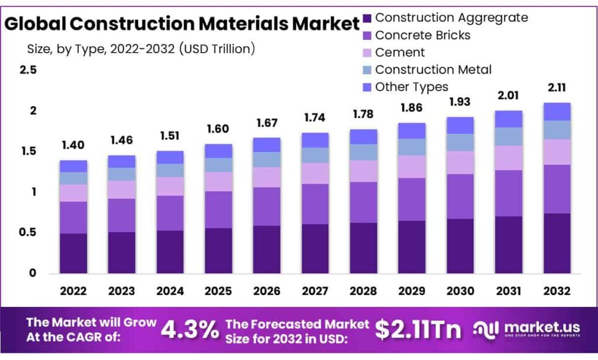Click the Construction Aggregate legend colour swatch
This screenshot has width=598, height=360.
pos(367,18)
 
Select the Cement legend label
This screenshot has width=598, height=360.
pos(400,53)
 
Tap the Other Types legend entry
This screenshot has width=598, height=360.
pos(412,87)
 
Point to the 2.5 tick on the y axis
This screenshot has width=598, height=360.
pos(28,70)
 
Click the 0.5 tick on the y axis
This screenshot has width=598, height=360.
pos(28,233)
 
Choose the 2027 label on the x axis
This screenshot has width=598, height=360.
pos(315,291)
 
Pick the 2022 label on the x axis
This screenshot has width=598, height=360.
pos(73,291)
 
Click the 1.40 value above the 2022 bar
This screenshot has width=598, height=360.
pos(73,146)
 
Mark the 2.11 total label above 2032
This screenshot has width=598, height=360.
pos(557,88)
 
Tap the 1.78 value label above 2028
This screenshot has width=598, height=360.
pos(364,115)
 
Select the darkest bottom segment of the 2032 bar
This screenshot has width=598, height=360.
pos(557,243)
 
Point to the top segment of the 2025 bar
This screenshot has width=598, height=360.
pos(218,151)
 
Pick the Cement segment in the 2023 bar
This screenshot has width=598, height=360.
pos(121,189)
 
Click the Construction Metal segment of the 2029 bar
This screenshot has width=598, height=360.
pos(412,147)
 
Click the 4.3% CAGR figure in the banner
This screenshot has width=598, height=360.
pos(189,330)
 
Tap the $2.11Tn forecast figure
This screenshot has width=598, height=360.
pos(418,330)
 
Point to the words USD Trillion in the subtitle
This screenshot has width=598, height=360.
pos(217,49)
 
